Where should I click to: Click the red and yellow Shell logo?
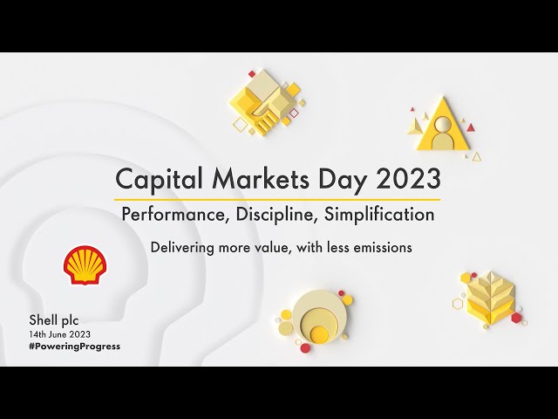click(85, 265)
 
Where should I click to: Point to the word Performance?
click(174, 214)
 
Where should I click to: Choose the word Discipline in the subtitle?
click(276, 215)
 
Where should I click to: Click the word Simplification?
click(379, 215)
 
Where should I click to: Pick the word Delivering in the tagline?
click(182, 247)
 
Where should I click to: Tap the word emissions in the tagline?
click(383, 247)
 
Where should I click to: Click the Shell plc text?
click(54, 320)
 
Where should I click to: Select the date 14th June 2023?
click(60, 334)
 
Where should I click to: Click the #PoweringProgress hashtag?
click(75, 347)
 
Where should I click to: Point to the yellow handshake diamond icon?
click(268, 101)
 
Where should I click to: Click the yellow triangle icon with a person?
click(443, 125)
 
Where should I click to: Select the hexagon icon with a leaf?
click(490, 300)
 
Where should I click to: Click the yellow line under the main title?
click(277, 200)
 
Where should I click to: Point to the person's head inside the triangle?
click(442, 124)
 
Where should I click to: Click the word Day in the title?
click(342, 180)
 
